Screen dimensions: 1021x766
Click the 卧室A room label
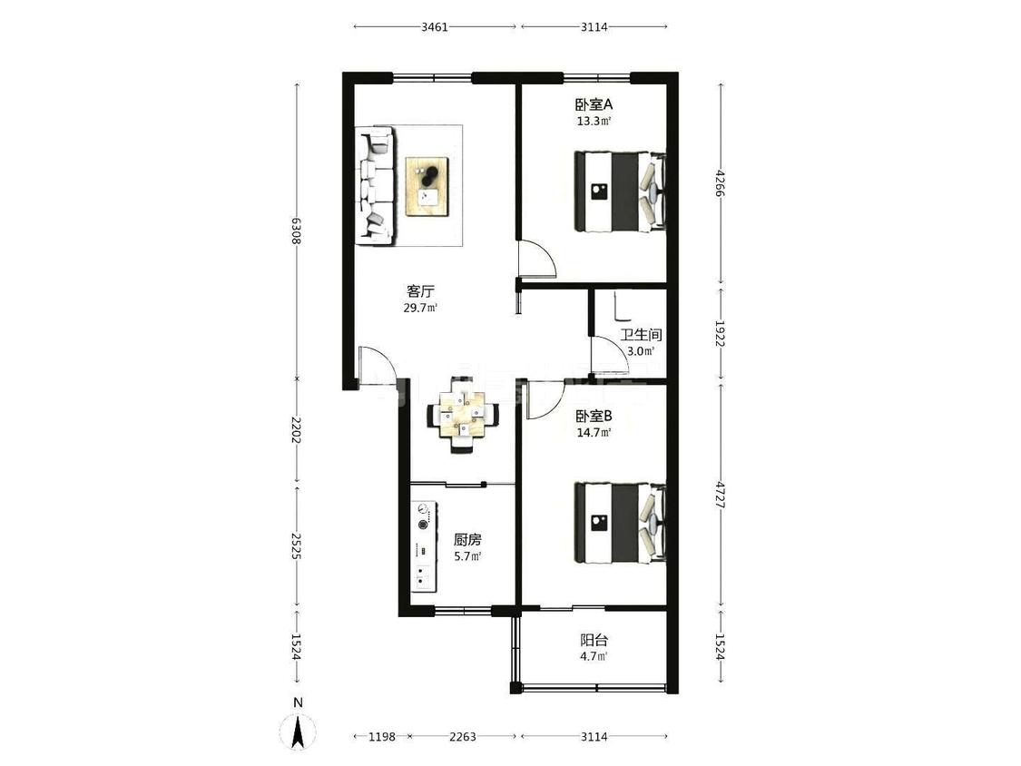click(594, 104)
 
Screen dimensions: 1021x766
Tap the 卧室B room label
click(594, 416)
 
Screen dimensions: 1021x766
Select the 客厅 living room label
click(420, 291)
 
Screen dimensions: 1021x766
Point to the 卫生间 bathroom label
click(641, 335)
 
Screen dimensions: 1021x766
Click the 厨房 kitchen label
click(467, 540)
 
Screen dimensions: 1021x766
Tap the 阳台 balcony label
click(594, 640)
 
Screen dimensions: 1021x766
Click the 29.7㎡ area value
click(420, 308)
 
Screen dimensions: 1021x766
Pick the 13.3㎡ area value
click(594, 121)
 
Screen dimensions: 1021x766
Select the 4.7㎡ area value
click(594, 656)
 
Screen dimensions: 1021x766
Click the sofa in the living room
click(375, 186)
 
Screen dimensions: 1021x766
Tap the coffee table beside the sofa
click(427, 186)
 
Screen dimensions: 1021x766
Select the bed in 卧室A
click(620, 191)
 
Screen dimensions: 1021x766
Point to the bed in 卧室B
click(620, 523)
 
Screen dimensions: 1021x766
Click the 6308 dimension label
click(296, 231)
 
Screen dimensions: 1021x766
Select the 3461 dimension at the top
click(435, 26)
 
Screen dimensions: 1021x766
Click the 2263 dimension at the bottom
click(462, 737)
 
